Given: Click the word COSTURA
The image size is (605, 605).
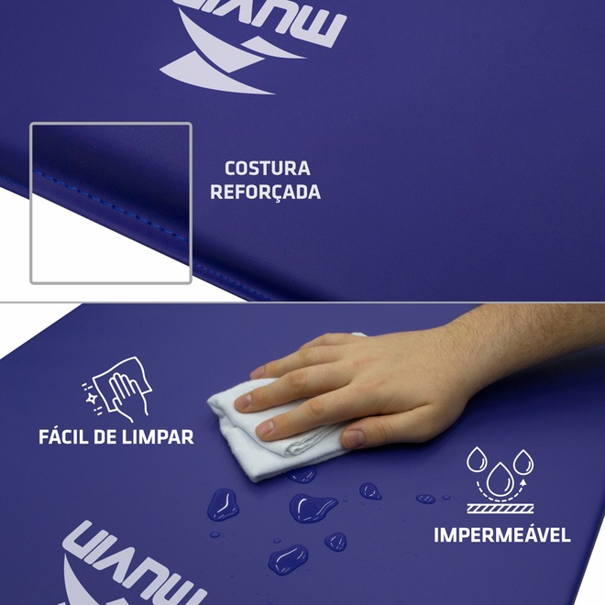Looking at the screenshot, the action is [268, 169].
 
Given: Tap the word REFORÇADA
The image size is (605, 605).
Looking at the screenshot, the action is [266, 192].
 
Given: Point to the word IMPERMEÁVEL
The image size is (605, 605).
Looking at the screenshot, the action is [502, 534].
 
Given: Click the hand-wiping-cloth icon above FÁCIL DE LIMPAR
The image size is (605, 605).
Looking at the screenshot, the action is [117, 389].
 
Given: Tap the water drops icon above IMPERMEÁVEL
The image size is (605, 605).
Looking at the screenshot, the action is [500, 479].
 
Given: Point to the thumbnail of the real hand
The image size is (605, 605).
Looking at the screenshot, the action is [353, 438].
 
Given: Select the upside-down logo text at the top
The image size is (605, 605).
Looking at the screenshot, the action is [263, 22].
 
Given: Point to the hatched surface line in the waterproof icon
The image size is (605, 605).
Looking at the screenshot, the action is [500, 509].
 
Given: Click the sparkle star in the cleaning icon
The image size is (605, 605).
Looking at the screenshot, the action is [93, 398].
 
